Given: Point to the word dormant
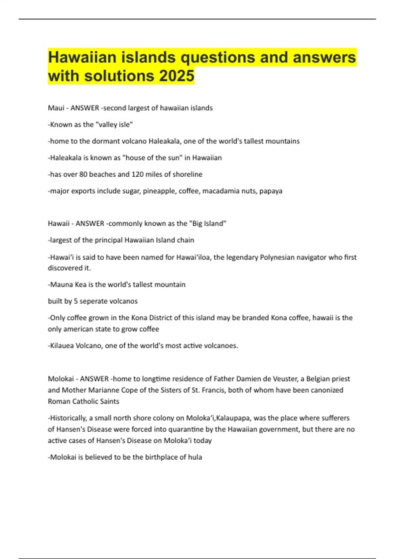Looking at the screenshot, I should (x=105, y=141).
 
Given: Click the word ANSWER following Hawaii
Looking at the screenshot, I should (x=90, y=224).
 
